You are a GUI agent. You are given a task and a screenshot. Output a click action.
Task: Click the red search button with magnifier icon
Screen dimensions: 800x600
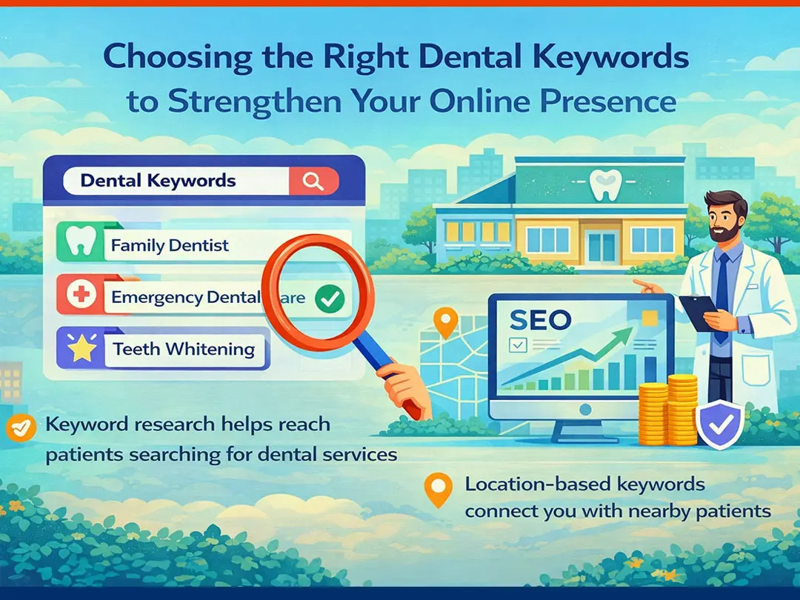click(x=313, y=181)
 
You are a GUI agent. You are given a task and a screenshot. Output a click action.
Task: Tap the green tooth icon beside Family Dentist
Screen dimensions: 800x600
click(x=81, y=241)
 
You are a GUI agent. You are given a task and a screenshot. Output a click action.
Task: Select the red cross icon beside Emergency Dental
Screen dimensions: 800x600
click(x=81, y=294)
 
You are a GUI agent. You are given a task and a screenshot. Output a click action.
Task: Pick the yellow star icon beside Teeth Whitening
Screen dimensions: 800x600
click(x=82, y=347)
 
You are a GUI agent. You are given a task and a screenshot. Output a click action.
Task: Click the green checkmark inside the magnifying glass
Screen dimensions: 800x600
click(x=330, y=299)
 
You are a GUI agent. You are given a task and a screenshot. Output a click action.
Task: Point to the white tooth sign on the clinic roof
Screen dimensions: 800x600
click(x=606, y=184)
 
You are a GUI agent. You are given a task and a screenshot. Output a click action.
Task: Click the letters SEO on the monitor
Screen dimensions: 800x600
click(x=540, y=320)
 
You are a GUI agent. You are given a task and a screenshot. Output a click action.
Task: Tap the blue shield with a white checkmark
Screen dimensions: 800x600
click(x=720, y=424)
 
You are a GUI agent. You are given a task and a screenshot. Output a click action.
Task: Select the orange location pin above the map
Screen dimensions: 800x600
click(x=445, y=322)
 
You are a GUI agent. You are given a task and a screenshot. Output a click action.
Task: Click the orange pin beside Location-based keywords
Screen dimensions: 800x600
click(x=439, y=490)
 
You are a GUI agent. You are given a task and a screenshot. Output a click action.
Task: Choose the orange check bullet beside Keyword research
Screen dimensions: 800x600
click(x=21, y=427)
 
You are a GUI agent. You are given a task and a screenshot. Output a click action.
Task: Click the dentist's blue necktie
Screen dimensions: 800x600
click(x=721, y=296)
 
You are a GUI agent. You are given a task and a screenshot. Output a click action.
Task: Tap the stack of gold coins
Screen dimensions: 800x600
click(x=667, y=410)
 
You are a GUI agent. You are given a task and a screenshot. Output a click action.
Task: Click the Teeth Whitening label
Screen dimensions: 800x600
click(x=184, y=349)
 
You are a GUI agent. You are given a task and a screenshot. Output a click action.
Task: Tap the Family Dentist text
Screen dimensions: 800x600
click(x=170, y=245)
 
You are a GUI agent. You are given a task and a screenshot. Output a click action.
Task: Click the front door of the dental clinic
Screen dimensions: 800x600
click(x=602, y=246)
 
